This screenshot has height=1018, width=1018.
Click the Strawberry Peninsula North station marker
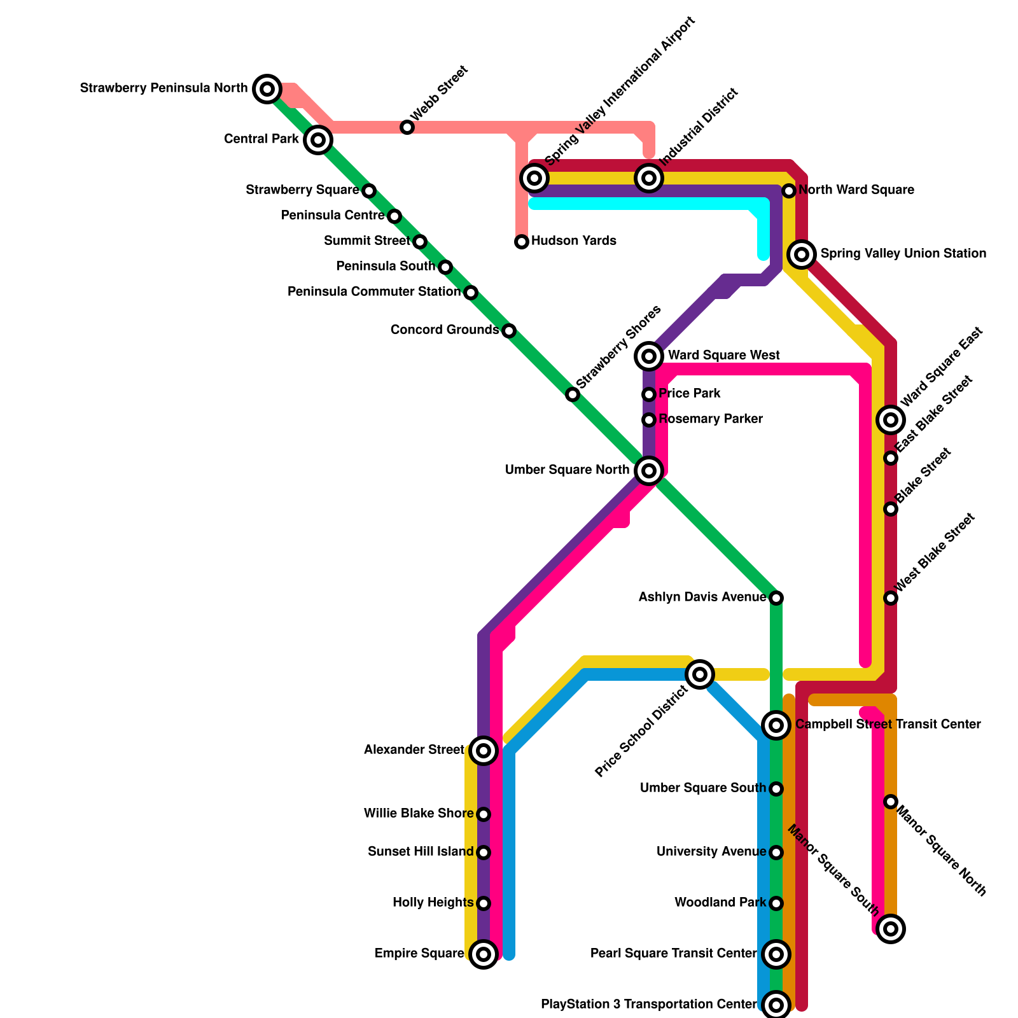coord(267,88)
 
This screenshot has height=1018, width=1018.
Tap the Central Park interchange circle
coord(318,139)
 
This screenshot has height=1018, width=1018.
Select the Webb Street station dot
coord(407,127)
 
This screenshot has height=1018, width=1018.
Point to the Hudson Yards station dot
coord(522,242)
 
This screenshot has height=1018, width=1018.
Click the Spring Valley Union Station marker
coord(802,254)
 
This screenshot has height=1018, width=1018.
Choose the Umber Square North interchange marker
coord(649,471)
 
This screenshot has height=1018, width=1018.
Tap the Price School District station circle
coord(700,674)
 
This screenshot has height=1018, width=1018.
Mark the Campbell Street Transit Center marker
coord(776,725)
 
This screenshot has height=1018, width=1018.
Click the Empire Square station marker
coord(484,954)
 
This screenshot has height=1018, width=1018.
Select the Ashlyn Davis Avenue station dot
coord(776,598)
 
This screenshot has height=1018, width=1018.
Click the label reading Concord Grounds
coord(444,330)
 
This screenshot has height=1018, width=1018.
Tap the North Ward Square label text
coord(856,190)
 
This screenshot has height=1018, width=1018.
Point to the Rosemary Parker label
coord(711,419)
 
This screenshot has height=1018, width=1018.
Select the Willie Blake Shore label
coord(419,814)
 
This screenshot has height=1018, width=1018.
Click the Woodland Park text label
coord(720,903)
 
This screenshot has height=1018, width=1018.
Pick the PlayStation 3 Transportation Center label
coord(649,1005)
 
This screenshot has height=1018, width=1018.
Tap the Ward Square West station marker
coord(649,356)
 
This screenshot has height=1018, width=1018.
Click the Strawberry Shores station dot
coord(573,394)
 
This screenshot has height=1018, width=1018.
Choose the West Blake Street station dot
coord(891,598)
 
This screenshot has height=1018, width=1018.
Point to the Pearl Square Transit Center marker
coord(776,954)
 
